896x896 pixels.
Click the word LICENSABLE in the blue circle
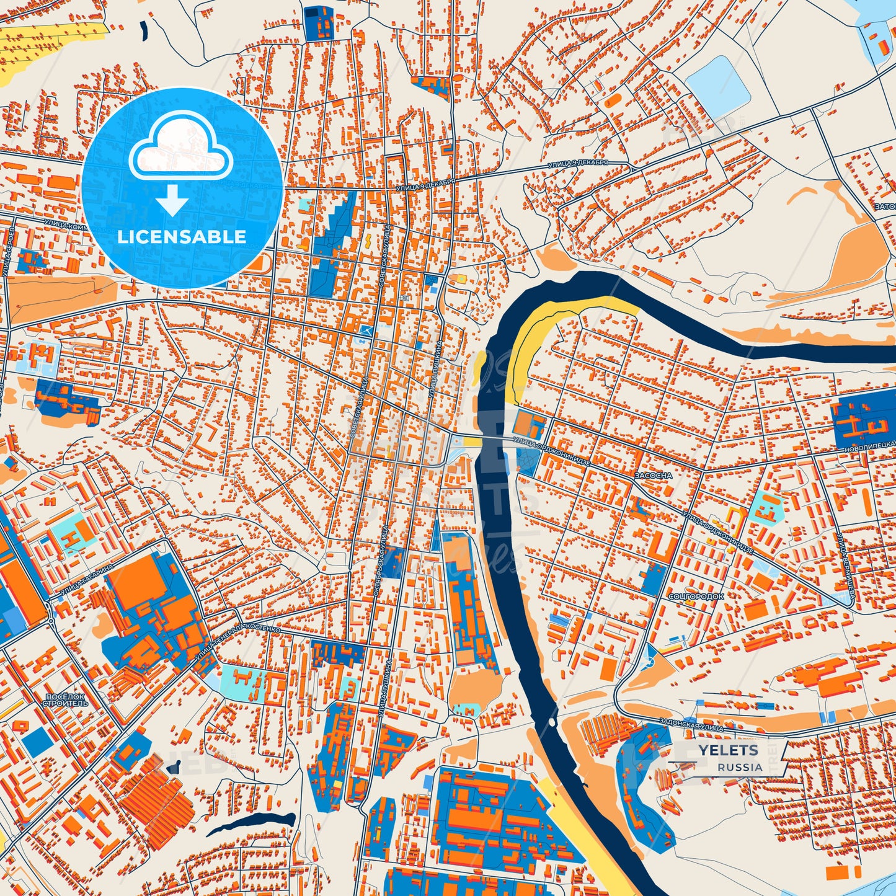pos(182,237)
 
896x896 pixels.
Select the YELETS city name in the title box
pos(728,750)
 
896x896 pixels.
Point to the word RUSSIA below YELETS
pos(740,767)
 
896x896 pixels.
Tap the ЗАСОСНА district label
pos(653,476)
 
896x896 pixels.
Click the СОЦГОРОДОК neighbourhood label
pos(696,596)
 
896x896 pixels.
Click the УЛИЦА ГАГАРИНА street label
pos(87,579)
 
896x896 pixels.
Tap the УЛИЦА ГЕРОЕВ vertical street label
pos(11,251)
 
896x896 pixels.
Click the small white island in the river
pos(551,723)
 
